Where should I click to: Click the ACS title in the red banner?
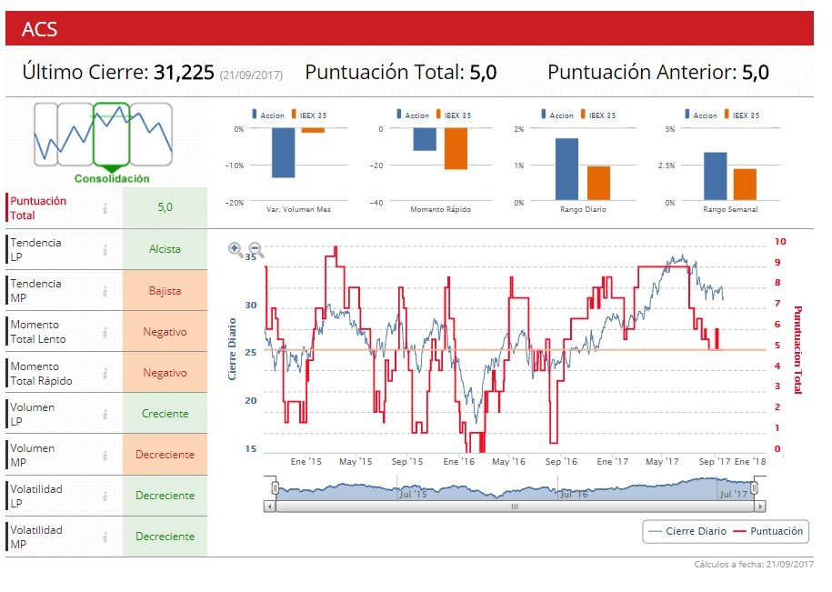pos(39,30)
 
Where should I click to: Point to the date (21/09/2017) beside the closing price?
pos(251,75)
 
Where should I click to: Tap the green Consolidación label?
pos(112,179)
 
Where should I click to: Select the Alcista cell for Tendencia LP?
pos(165,249)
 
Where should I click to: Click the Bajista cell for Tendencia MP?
pos(165,291)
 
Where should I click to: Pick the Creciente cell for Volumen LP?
pos(165,414)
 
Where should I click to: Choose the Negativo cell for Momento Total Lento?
pos(165,332)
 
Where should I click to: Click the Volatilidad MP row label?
pos(36,537)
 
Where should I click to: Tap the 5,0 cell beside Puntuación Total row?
pos(165,207)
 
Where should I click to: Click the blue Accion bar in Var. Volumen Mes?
pos(283,153)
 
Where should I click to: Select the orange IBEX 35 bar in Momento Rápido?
pos(456,149)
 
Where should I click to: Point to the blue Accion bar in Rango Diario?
pos(566,169)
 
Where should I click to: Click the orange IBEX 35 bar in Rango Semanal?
pos(745,184)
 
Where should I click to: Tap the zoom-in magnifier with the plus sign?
pos(236,248)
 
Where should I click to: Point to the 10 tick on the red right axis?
pos(780,242)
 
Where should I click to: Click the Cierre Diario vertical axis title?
pos(232,349)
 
